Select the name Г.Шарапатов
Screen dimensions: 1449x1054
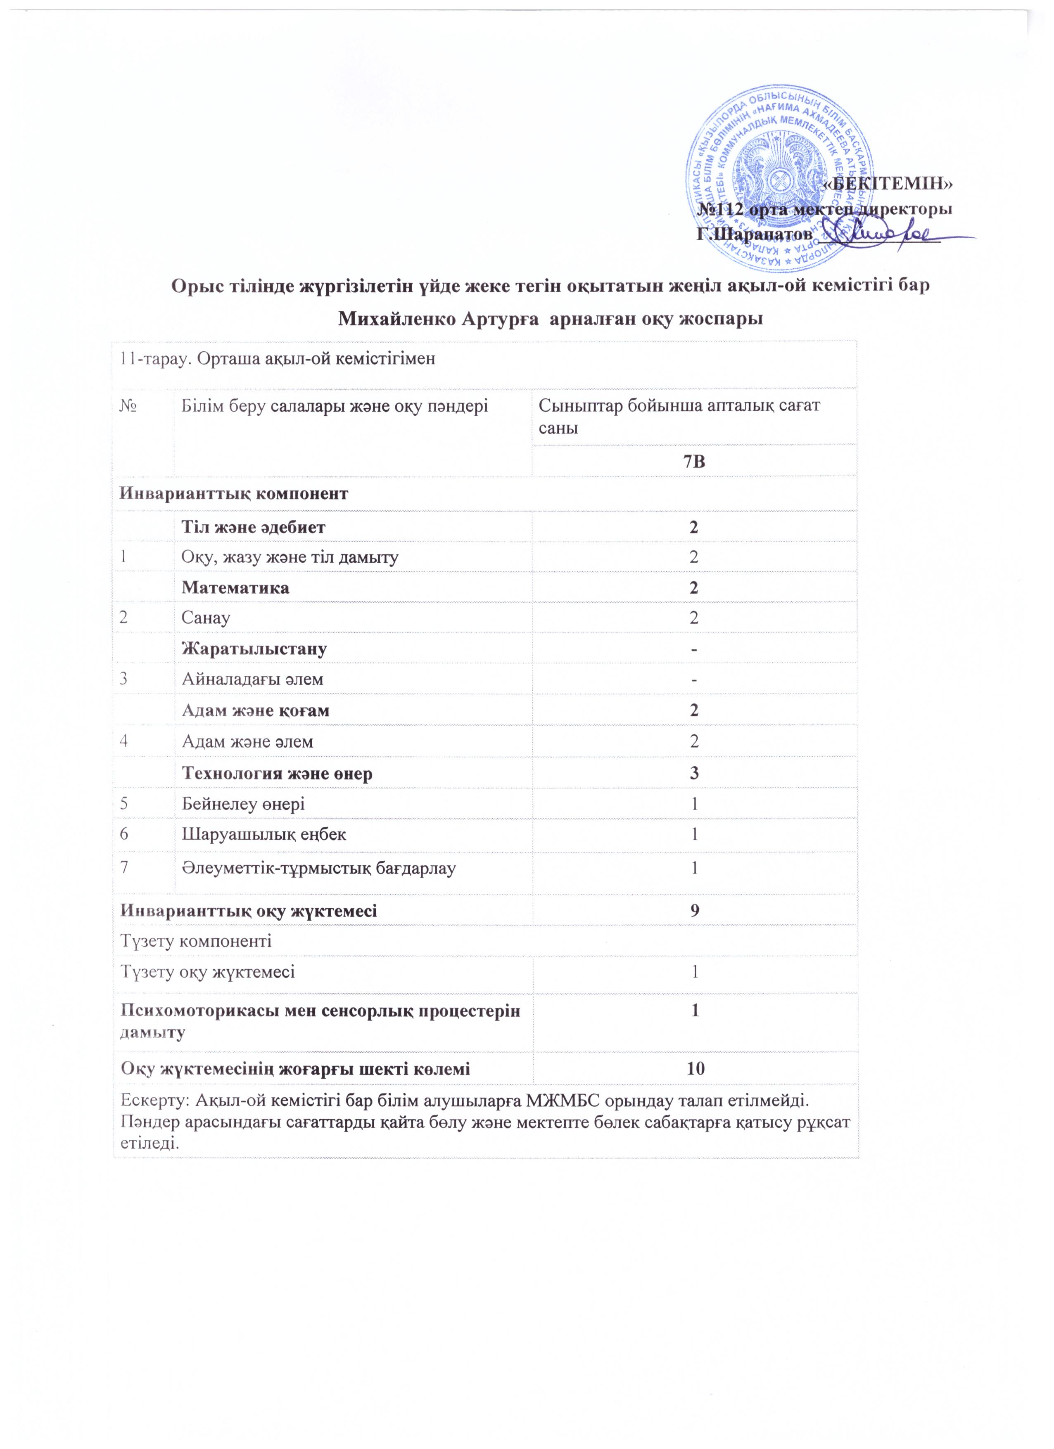coord(754,234)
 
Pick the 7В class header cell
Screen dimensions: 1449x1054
coord(694,461)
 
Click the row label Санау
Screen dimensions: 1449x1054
coord(206,618)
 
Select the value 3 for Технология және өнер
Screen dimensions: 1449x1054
coord(694,773)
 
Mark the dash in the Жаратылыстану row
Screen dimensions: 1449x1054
coord(694,649)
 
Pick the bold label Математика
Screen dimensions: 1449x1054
coord(235,588)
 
